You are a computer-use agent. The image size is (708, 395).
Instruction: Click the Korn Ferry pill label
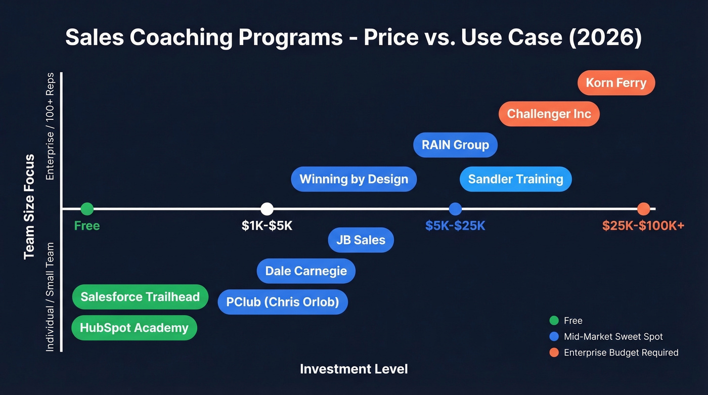pyautogui.click(x=616, y=83)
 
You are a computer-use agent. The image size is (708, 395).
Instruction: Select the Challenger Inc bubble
pyautogui.click(x=549, y=114)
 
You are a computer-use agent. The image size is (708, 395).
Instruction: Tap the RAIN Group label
pyautogui.click(x=455, y=145)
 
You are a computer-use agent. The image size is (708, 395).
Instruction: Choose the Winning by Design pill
pyautogui.click(x=353, y=179)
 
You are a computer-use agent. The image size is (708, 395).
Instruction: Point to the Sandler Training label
pyautogui.click(x=515, y=179)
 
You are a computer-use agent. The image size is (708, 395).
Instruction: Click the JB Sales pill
pyautogui.click(x=361, y=240)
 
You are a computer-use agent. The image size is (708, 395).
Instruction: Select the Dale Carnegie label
pyautogui.click(x=306, y=271)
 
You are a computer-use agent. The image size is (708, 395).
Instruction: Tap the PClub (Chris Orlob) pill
pyautogui.click(x=283, y=302)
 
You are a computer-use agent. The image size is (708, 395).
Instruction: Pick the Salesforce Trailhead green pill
pyautogui.click(x=140, y=297)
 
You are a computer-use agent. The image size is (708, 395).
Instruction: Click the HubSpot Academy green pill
pyautogui.click(x=134, y=328)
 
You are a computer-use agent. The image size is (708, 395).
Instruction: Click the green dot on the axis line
pyautogui.click(x=87, y=208)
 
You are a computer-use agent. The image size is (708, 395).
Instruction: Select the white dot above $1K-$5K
pyautogui.click(x=267, y=208)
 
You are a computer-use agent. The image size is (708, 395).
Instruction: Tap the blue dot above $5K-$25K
pyautogui.click(x=455, y=208)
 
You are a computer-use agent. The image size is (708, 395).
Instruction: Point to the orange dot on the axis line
pyautogui.click(x=643, y=208)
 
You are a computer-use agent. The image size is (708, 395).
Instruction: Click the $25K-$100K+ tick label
pyautogui.click(x=643, y=226)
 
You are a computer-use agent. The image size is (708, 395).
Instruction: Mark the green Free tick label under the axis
pyautogui.click(x=87, y=226)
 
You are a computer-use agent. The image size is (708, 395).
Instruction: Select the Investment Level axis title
pyautogui.click(x=353, y=369)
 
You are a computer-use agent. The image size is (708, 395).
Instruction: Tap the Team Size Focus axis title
pyautogui.click(x=29, y=207)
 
